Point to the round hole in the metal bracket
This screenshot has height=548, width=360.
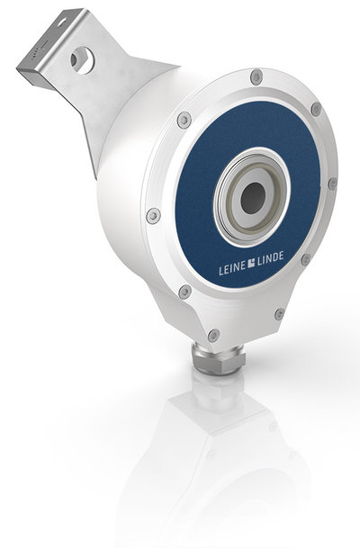point(82,61)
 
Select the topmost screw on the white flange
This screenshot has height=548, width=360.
point(256,77)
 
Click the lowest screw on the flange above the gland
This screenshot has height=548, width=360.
point(213,335)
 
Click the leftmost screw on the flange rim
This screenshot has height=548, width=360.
point(154,216)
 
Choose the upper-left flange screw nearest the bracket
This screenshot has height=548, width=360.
point(184,119)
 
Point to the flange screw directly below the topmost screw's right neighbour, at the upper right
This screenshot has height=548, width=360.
point(315,110)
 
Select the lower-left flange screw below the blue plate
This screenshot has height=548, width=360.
point(184,292)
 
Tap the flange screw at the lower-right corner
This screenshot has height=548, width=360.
point(279,313)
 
